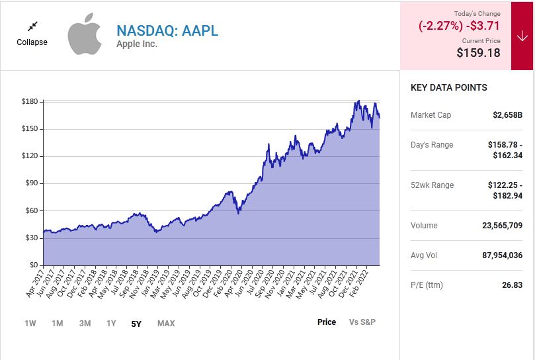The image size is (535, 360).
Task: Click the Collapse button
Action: pyautogui.click(x=32, y=34)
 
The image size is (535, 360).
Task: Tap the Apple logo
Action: pyautogui.click(x=85, y=35)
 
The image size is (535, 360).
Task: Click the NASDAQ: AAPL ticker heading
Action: pyautogui.click(x=167, y=30)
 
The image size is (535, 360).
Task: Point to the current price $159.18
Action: pyautogui.click(x=478, y=52)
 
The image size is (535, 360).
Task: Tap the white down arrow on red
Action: pyautogui.click(x=522, y=36)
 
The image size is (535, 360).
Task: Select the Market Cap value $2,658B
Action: pyautogui.click(x=507, y=115)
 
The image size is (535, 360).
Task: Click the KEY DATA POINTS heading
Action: pyautogui.click(x=448, y=87)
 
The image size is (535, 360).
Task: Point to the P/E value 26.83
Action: pyautogui.click(x=511, y=285)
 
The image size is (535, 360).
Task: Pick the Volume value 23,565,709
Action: pyautogui.click(x=502, y=226)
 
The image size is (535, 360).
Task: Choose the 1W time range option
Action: pyautogui.click(x=30, y=324)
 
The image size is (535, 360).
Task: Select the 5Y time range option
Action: pyautogui.click(x=136, y=324)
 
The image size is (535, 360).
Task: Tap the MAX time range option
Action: pyautogui.click(x=166, y=324)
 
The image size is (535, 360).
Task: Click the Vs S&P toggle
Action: pyautogui.click(x=362, y=322)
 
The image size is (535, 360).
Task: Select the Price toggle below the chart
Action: pyautogui.click(x=327, y=322)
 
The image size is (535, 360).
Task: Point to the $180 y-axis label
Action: pyautogui.click(x=30, y=102)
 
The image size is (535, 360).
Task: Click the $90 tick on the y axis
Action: pyautogui.click(x=32, y=183)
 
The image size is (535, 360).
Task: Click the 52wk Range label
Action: pyautogui.click(x=432, y=185)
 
